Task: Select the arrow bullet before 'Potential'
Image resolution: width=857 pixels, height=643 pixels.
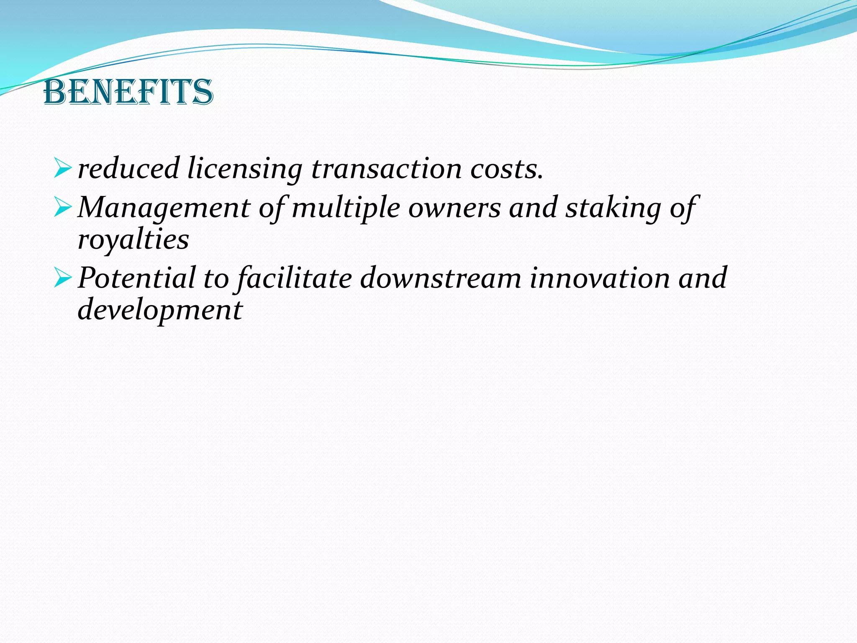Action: (x=64, y=278)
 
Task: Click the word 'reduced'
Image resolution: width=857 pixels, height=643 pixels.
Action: (x=129, y=168)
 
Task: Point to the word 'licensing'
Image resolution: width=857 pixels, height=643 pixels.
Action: (x=244, y=169)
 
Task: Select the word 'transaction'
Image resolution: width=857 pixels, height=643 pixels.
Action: (x=387, y=168)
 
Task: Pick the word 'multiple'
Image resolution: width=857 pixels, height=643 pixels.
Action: (x=346, y=208)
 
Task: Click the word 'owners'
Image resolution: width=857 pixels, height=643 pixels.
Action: (x=454, y=208)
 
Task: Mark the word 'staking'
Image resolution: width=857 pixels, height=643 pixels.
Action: (x=613, y=208)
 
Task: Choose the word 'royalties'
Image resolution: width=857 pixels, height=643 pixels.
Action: (x=133, y=240)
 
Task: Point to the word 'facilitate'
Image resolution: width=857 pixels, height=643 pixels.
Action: (x=295, y=278)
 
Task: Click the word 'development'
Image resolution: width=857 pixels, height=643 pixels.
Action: (x=160, y=310)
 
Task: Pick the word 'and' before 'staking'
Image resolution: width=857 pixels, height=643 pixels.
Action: (x=533, y=207)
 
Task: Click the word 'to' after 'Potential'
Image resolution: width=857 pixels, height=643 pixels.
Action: (x=216, y=278)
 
